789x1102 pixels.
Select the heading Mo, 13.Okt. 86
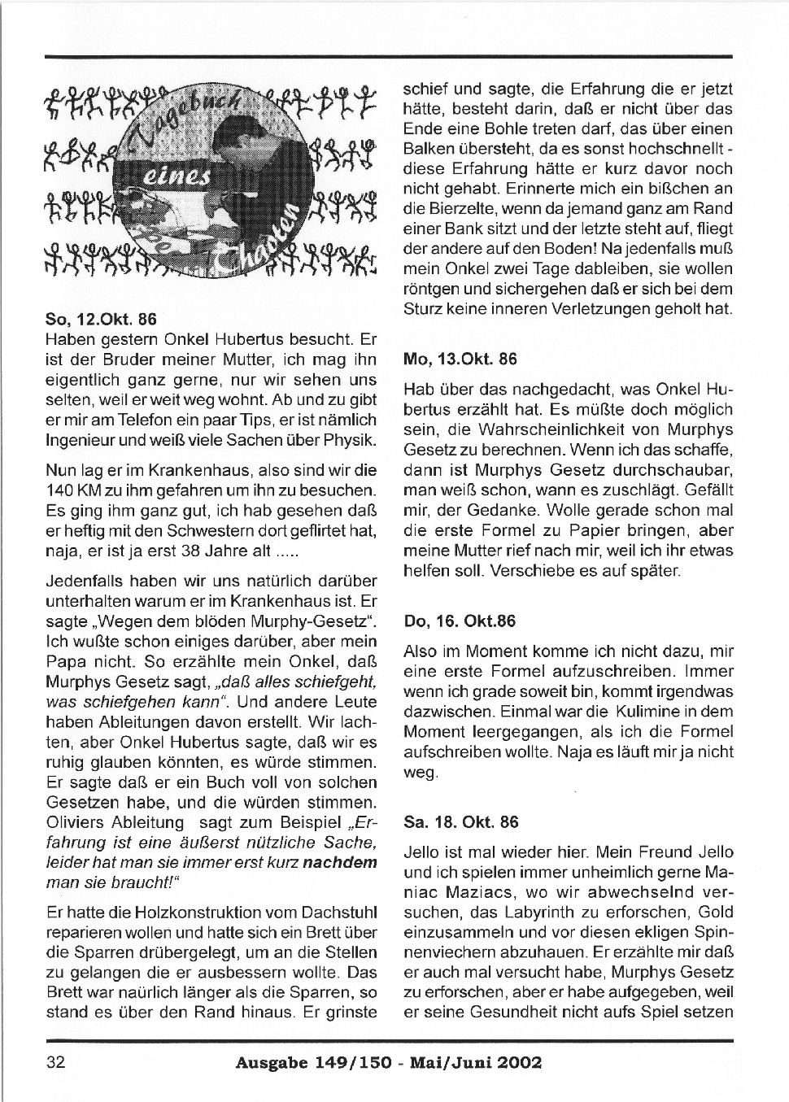pos(460,359)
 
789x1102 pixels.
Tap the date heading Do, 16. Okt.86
pos(460,621)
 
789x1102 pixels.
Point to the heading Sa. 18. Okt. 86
pos(460,822)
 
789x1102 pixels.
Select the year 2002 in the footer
pos(516,1062)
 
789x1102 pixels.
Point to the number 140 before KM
pos(62,491)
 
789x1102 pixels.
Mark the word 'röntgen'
pos(432,290)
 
